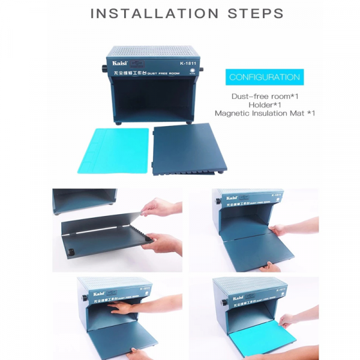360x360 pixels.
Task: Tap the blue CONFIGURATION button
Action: click(265, 77)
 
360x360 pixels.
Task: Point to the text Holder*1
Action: click(265, 104)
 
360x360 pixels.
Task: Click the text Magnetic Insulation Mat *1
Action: click(265, 113)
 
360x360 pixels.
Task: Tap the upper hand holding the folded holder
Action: click(161, 209)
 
